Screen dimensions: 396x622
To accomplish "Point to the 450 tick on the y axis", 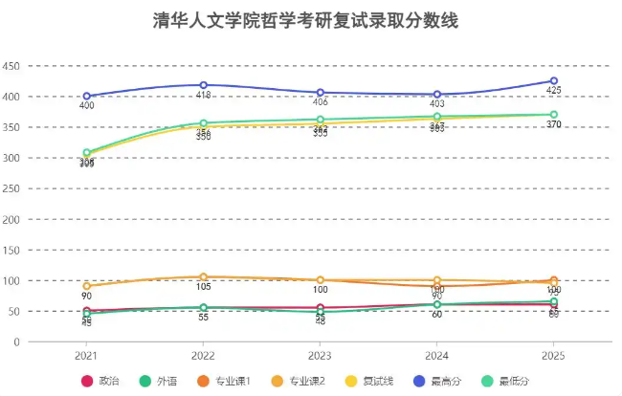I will [x=11, y=66].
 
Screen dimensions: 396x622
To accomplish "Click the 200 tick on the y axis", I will [x=11, y=219].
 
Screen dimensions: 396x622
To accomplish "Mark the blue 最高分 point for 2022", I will [x=203, y=85].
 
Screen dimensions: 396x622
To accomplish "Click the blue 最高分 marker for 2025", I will [x=553, y=81].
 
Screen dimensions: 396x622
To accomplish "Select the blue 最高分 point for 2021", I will [x=86, y=96].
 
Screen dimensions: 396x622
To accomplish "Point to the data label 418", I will [x=203, y=97].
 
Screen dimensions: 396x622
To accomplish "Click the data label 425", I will [x=553, y=92].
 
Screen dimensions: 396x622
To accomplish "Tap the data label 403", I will [x=436, y=104].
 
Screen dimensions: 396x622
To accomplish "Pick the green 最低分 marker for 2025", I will [x=553, y=115].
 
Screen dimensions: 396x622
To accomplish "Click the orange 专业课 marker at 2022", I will [x=203, y=277].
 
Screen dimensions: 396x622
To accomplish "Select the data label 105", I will [x=203, y=287].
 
